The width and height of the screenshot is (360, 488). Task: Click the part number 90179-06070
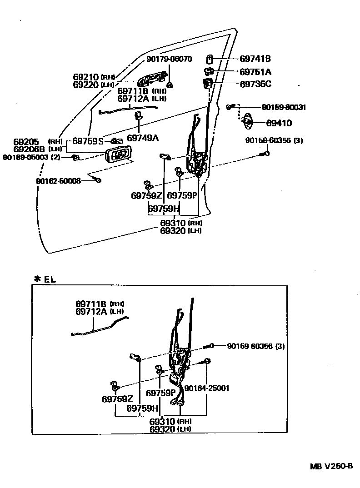169,59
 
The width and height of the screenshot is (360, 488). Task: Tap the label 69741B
255,59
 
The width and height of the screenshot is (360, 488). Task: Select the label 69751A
255,71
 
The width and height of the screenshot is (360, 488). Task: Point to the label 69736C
255,84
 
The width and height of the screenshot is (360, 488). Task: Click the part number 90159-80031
284,108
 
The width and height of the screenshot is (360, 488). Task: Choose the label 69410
279,123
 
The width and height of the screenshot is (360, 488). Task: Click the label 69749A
142,138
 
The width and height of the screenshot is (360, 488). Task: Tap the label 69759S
88,141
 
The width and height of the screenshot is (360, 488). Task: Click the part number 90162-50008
58,181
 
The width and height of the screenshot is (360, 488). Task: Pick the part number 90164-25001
206,388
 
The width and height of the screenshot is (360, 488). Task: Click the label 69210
86,77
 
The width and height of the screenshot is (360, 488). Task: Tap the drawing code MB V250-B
331,466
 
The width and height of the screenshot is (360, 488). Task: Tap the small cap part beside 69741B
210,59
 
